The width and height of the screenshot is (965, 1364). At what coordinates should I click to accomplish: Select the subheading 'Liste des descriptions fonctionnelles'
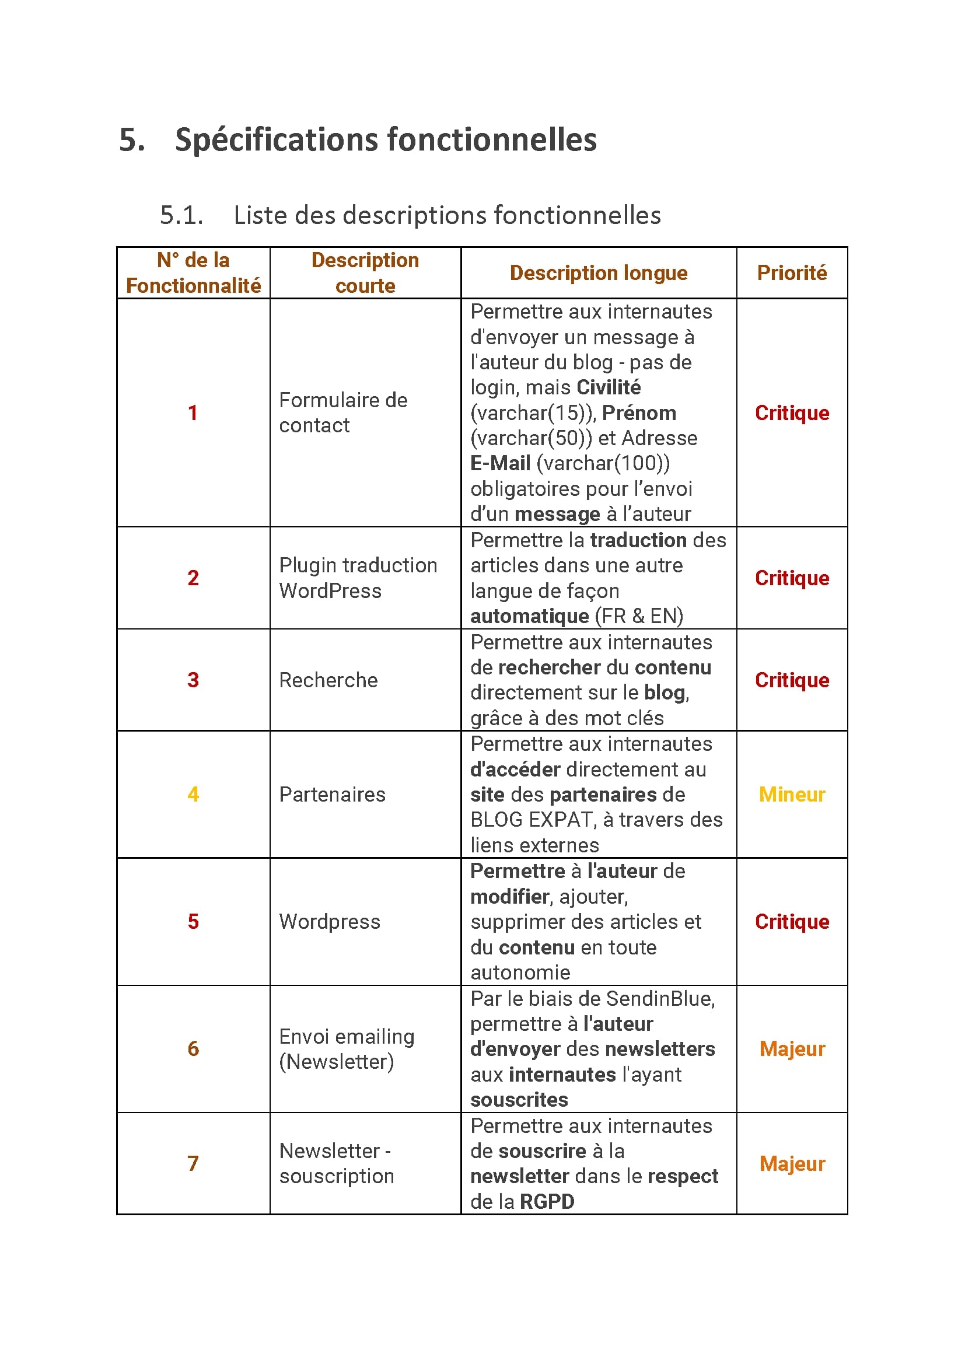pyautogui.click(x=447, y=215)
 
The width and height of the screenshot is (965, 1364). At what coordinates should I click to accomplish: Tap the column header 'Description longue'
pyautogui.click(x=599, y=272)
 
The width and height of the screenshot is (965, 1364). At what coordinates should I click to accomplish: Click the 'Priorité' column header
pyautogui.click(x=792, y=272)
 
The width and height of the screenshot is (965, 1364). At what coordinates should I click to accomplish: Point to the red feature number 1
pyautogui.click(x=193, y=413)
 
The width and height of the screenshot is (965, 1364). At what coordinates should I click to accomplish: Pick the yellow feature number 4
pyautogui.click(x=193, y=794)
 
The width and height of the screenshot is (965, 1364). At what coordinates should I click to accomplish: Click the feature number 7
pyautogui.click(x=193, y=1163)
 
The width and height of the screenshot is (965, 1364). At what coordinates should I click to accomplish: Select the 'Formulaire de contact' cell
pyautogui.click(x=343, y=413)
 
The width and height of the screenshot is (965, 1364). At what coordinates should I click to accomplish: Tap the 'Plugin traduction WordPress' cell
pyautogui.click(x=358, y=578)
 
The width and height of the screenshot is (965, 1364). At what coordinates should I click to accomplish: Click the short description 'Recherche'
pyautogui.click(x=328, y=680)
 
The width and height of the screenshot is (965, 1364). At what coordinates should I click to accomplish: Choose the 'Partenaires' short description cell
pyautogui.click(x=332, y=794)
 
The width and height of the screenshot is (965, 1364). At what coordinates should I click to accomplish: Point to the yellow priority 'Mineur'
pyautogui.click(x=792, y=794)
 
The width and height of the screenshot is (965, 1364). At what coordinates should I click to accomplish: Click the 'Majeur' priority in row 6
pyautogui.click(x=792, y=1049)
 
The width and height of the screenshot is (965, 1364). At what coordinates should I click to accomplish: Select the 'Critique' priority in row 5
pyautogui.click(x=792, y=921)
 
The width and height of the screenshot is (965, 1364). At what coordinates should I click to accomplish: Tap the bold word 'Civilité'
pyautogui.click(x=609, y=387)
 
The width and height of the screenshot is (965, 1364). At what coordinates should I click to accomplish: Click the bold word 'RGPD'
pyautogui.click(x=547, y=1202)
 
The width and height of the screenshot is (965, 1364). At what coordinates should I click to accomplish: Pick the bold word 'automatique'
pyautogui.click(x=529, y=616)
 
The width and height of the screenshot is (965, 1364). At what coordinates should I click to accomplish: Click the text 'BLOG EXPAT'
pyautogui.click(x=533, y=820)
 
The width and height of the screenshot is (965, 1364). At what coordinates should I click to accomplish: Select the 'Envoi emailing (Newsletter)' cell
pyautogui.click(x=347, y=1049)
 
